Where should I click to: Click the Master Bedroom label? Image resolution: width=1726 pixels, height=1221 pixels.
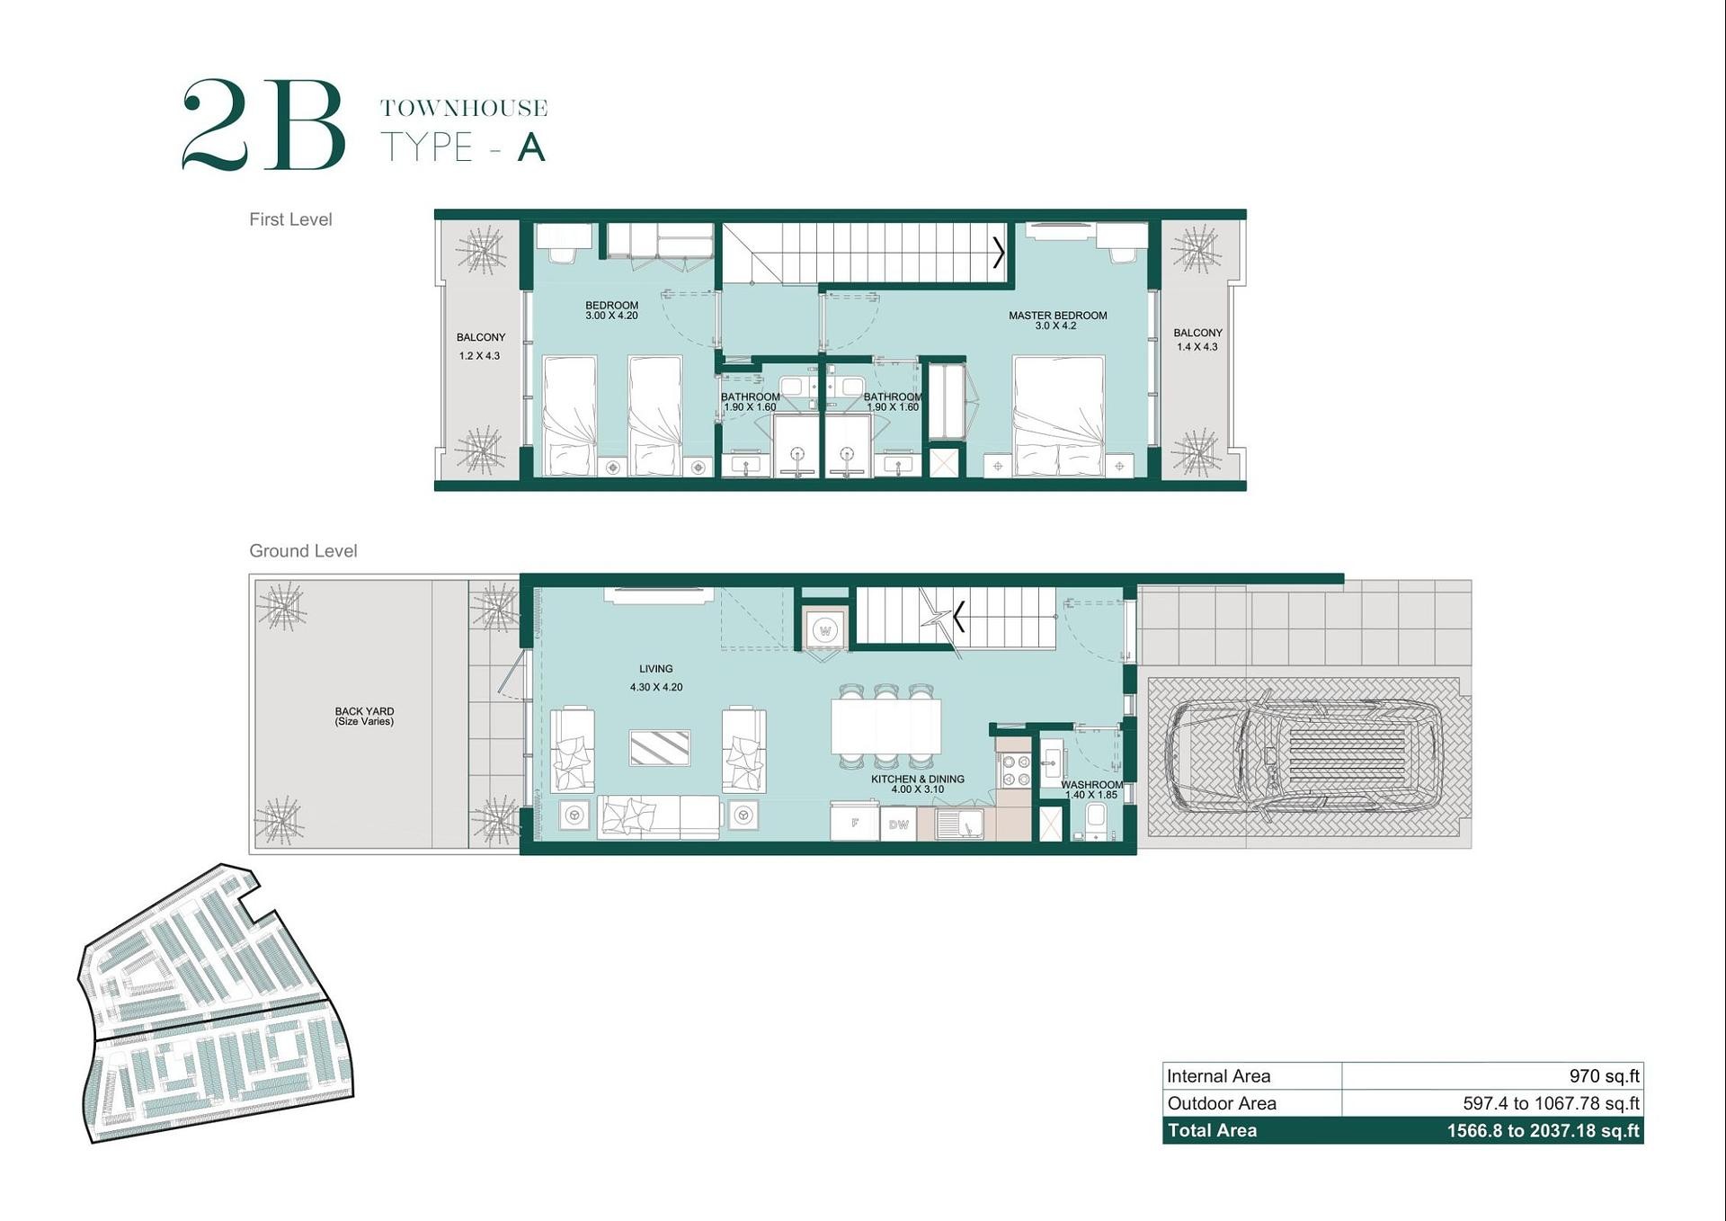coord(1057,316)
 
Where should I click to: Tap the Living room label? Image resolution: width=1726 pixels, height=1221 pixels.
coord(655,669)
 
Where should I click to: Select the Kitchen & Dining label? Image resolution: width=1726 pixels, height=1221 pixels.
coord(917,780)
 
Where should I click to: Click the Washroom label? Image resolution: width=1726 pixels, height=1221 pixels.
coord(1091,785)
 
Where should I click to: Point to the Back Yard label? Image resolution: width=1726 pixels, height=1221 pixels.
coord(364,711)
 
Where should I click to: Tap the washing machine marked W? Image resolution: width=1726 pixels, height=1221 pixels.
coord(824,630)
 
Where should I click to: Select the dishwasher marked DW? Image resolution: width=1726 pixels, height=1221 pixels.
coord(898,824)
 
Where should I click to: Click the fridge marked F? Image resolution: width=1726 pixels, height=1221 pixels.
coord(854,822)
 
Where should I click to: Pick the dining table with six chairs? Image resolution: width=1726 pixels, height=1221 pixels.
coord(885,726)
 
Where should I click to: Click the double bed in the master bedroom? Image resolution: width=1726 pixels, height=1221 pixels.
coord(1058,415)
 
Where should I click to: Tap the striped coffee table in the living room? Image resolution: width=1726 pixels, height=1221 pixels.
coord(660,748)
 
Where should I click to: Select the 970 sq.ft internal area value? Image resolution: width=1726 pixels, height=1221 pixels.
coord(1604,1076)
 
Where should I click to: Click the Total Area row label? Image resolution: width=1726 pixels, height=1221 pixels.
coord(1212,1130)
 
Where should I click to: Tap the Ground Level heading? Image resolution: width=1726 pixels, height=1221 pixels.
coord(303,551)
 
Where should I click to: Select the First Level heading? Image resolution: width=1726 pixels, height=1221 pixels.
coord(290,219)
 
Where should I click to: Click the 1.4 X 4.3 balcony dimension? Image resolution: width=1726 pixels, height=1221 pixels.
coord(1197,347)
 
